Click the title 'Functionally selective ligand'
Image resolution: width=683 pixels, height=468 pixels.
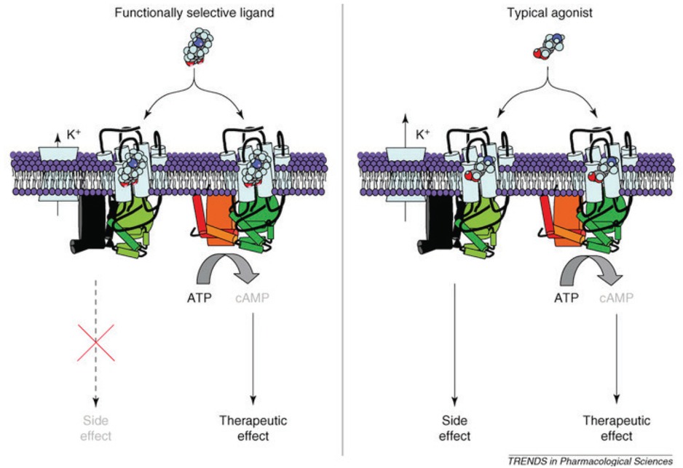coord(194,12)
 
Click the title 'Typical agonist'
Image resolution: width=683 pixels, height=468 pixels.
coord(550,12)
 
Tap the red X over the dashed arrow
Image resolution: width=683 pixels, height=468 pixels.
coord(96,343)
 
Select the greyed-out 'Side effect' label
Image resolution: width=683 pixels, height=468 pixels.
coord(96,428)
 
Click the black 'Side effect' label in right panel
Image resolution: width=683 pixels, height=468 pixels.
coord(455,428)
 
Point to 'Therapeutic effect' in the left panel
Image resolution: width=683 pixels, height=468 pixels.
coord(253,428)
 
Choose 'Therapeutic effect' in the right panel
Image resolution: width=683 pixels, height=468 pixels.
coord(616,428)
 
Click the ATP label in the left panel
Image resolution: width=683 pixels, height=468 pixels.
coord(199,298)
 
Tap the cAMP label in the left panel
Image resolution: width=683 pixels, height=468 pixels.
coord(252,298)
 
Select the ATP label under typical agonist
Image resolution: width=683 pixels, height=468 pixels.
coord(566,298)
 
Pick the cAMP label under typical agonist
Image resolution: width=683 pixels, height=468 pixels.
coord(616,298)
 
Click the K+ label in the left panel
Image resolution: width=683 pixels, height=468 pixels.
coord(74,135)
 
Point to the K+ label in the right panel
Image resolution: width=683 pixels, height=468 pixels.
coord(422,135)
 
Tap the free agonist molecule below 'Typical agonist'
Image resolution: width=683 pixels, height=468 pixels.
coord(549,46)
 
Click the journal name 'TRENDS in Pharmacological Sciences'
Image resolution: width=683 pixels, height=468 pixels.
coord(591,461)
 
